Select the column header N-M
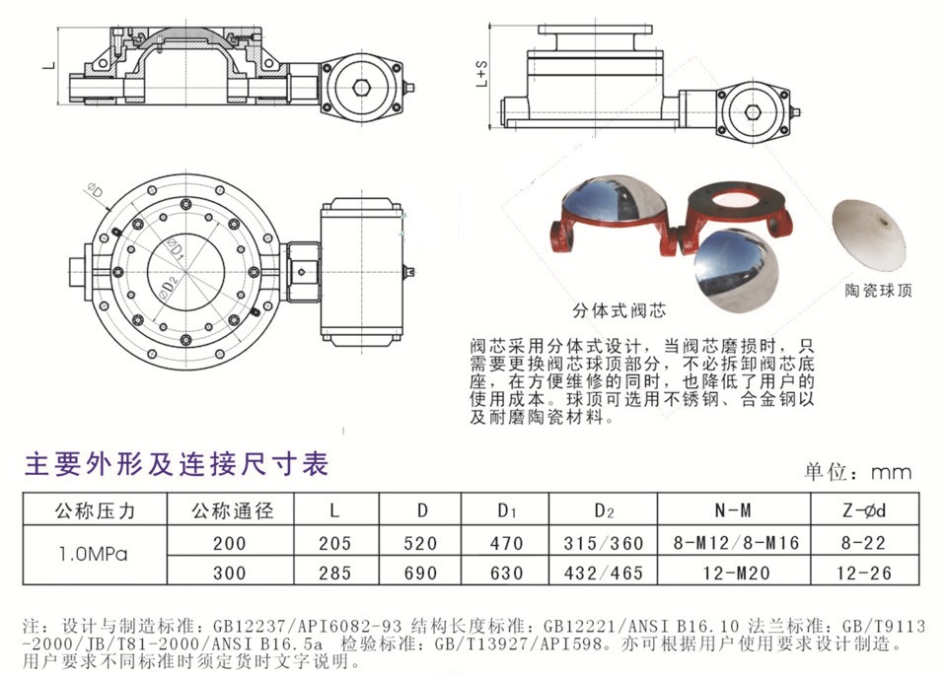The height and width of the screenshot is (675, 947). [732, 510]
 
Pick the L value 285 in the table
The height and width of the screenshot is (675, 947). [335, 571]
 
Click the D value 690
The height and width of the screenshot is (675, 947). [421, 571]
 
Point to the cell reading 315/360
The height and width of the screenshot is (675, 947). [604, 542]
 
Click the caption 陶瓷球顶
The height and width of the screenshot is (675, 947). [880, 291]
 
